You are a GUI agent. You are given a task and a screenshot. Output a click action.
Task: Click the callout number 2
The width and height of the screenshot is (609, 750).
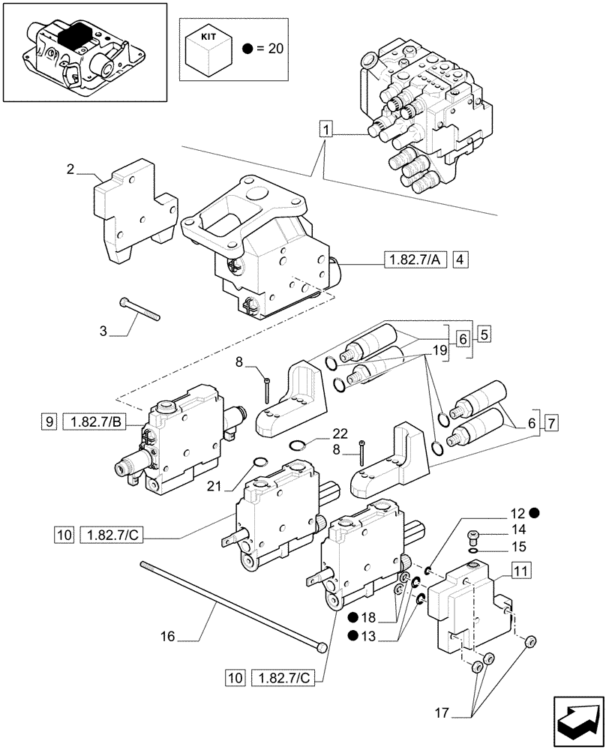(x=70, y=169)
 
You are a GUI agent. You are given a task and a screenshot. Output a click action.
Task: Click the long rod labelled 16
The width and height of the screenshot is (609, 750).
(x=225, y=604)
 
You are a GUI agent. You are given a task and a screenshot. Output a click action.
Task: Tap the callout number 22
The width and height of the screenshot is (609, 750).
(x=340, y=434)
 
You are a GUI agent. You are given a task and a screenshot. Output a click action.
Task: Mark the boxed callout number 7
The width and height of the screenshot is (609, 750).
(x=550, y=423)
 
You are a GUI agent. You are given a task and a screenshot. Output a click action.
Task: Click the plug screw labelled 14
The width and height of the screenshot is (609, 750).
(x=472, y=535)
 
